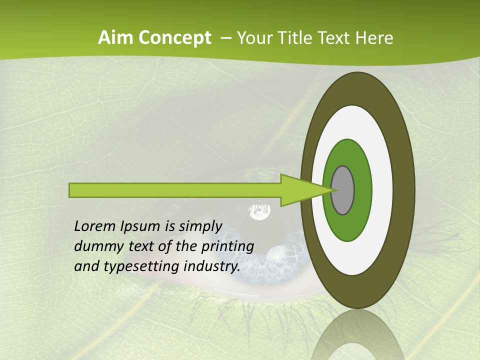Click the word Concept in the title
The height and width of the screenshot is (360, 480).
coord(175,38)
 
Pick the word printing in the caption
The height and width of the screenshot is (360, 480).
coord(227,246)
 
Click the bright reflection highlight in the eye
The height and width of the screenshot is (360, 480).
coord(259,212)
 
